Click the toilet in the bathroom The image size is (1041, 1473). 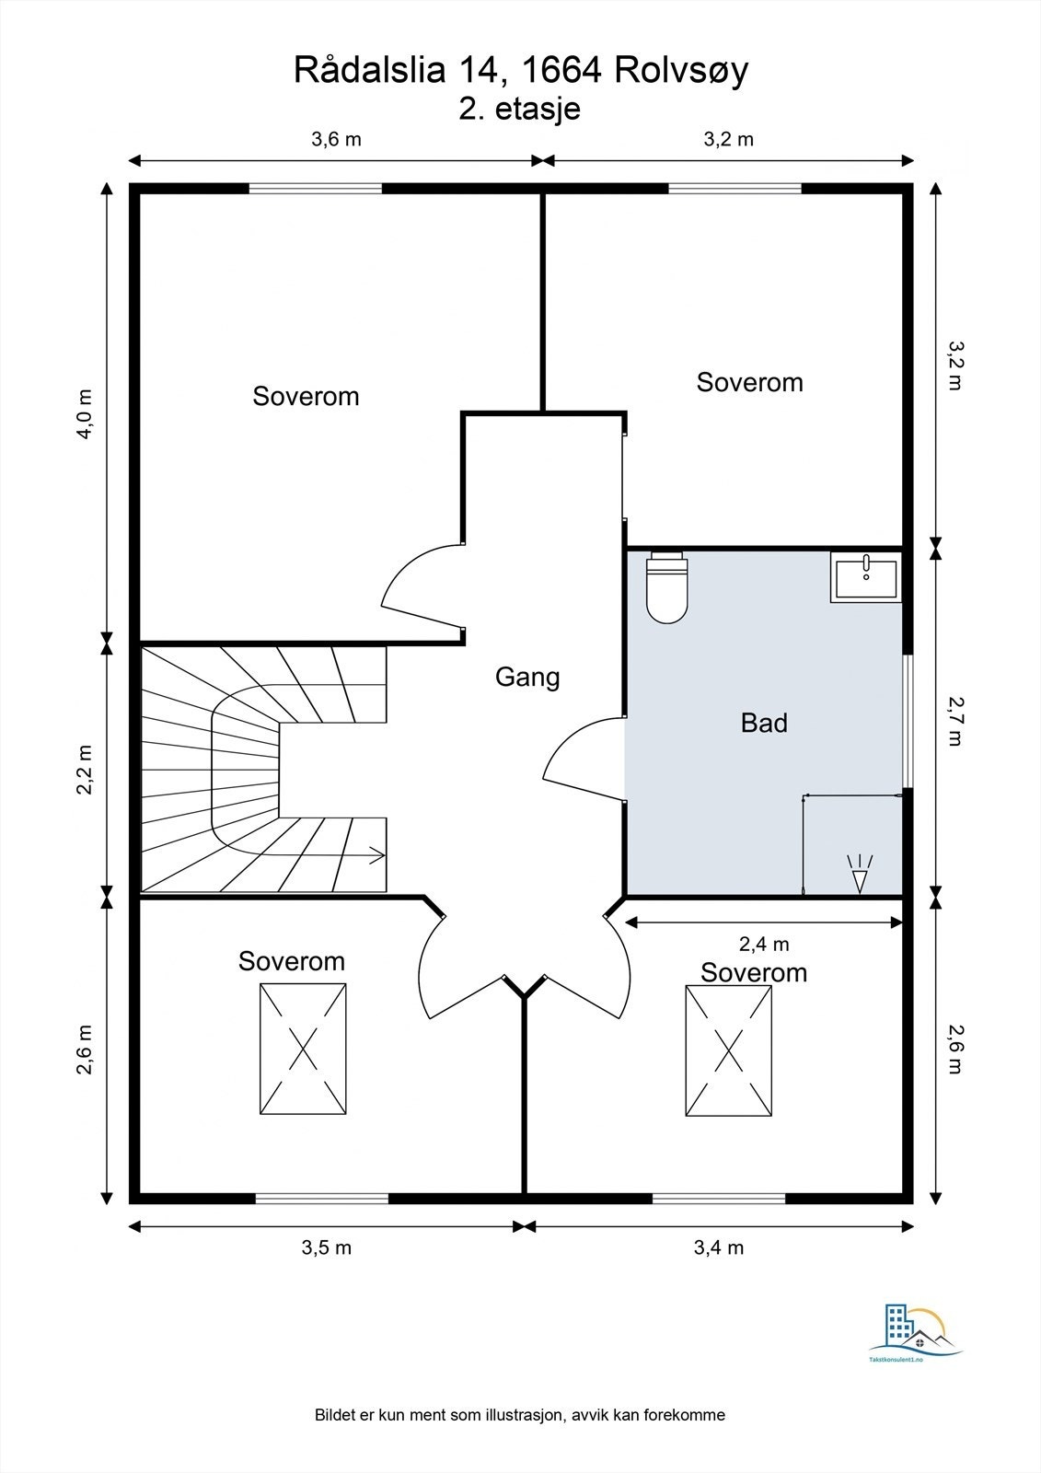point(666,587)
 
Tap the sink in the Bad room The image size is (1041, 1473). point(865,576)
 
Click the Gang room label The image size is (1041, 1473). point(527,678)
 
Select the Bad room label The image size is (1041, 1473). point(763,723)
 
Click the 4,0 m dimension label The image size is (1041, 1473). point(86,414)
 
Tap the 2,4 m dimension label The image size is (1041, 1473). point(764,945)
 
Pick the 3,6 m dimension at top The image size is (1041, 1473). point(336,139)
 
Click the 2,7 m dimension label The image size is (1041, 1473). point(954,721)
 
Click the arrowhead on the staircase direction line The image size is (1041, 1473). point(377,855)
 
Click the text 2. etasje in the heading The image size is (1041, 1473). point(519,110)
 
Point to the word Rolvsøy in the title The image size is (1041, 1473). point(681,70)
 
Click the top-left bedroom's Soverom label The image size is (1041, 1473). point(306,396)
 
